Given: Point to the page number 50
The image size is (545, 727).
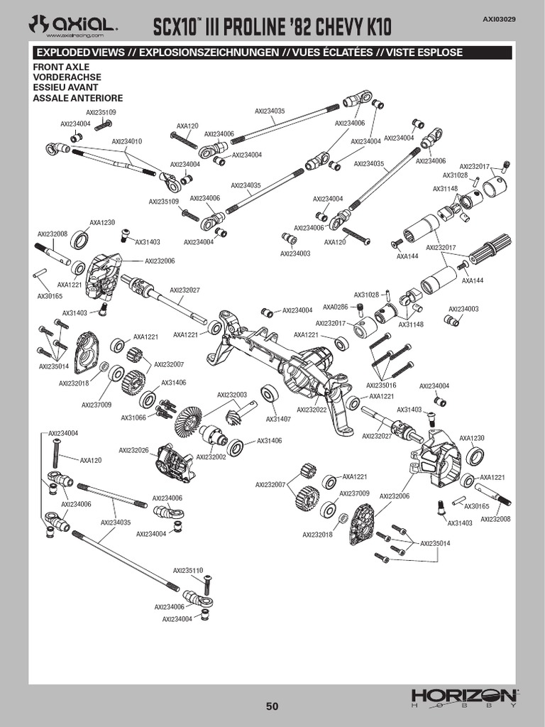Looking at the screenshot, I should [272, 706].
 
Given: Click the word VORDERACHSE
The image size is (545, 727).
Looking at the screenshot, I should [67, 77].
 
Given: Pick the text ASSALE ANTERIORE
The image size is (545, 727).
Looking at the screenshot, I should [78, 98].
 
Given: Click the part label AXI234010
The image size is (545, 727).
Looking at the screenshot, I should [126, 141].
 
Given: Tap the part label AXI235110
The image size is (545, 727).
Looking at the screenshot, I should [188, 570].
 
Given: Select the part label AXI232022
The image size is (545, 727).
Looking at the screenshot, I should [312, 409].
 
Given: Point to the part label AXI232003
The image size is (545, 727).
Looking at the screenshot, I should [232, 394].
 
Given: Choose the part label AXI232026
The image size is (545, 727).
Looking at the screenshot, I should [133, 450].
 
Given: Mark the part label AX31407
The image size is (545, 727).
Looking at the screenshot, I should [278, 419].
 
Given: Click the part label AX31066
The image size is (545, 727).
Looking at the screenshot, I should [133, 417].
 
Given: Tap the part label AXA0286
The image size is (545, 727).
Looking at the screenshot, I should [335, 307].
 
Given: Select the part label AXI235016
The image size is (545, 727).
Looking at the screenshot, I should [382, 384].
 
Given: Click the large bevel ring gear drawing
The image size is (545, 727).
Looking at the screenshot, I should [187, 423].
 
